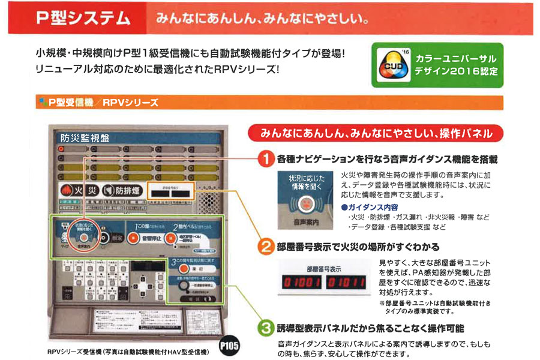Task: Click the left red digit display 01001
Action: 301,283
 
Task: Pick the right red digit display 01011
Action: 347,283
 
